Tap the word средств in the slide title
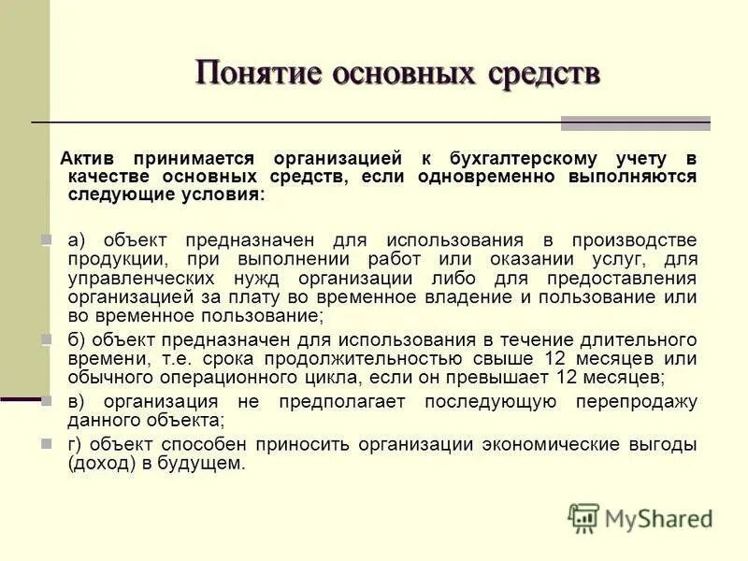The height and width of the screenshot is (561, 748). click(x=544, y=73)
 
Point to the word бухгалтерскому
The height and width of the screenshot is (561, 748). click(x=509, y=159)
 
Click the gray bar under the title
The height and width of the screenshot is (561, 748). click(x=635, y=122)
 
